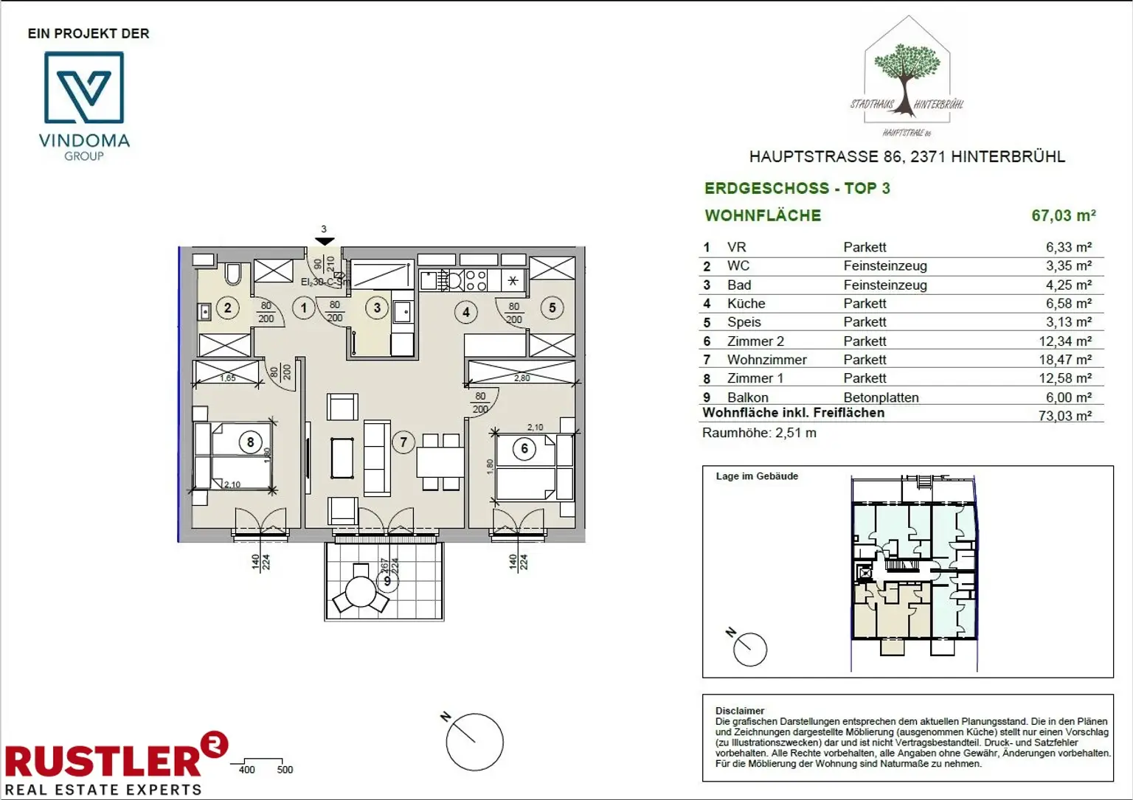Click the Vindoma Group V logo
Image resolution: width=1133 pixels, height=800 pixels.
(x=84, y=88)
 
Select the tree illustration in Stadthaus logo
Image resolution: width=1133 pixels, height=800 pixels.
(x=907, y=70)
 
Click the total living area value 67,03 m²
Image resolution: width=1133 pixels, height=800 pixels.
(x=1063, y=215)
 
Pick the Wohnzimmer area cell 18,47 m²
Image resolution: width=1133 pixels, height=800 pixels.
(x=1068, y=360)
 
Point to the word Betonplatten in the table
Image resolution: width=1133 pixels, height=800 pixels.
(x=881, y=397)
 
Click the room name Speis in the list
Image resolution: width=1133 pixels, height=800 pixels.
(x=744, y=322)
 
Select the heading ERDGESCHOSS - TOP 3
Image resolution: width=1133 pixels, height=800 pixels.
(x=797, y=188)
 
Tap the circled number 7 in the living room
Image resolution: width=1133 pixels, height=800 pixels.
(x=403, y=442)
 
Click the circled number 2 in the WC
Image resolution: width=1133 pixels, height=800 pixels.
(x=227, y=308)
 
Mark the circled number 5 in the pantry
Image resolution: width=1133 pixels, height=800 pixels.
(x=552, y=308)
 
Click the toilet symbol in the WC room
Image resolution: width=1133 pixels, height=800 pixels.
(x=233, y=274)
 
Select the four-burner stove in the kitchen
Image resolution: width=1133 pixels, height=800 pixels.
(x=476, y=280)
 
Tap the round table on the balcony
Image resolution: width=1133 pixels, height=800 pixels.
(x=361, y=591)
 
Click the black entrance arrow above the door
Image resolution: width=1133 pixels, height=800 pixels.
(x=325, y=241)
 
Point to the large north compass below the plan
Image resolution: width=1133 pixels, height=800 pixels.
(x=474, y=741)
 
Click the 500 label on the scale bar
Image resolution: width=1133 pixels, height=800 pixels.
(x=285, y=770)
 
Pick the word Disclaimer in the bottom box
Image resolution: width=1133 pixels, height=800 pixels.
(x=740, y=711)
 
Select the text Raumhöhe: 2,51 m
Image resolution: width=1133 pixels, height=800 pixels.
(x=759, y=433)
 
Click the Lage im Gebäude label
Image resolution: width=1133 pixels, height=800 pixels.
(x=757, y=476)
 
